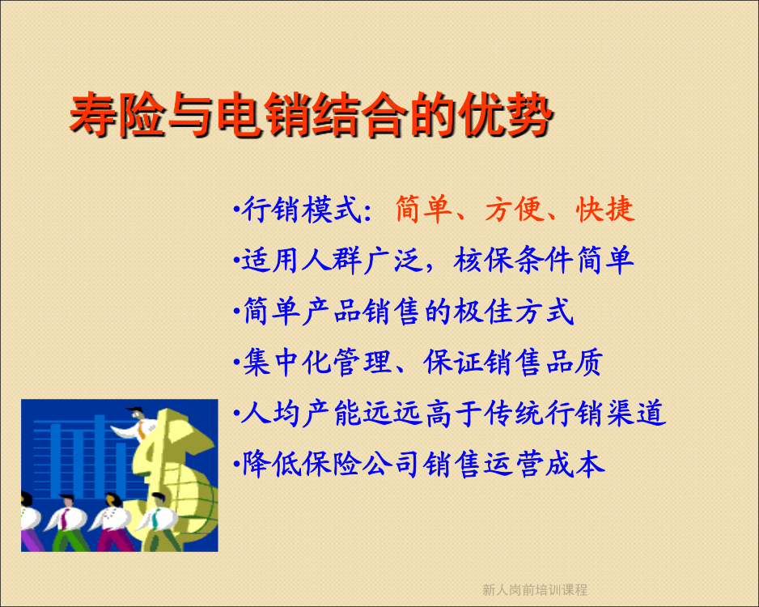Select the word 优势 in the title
506,115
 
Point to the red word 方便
514,210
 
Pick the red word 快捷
604,210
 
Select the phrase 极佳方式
514,311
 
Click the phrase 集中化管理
316,362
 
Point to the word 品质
574,362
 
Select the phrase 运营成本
544,464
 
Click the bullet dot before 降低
237,465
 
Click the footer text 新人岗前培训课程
534,589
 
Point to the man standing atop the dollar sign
137,425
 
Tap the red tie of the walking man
64,519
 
